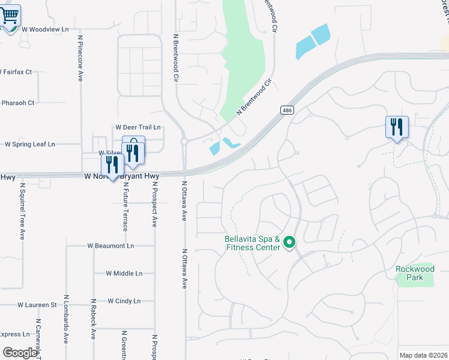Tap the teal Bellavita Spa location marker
290,243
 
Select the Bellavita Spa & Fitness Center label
252,242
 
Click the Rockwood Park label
415,273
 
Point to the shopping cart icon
10,16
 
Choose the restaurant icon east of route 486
397,127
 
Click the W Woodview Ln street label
45,28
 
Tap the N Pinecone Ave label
80,58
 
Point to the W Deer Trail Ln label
137,127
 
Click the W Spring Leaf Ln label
30,144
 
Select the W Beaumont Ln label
110,246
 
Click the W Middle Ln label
124,273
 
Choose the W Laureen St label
37,305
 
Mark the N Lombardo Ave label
66,327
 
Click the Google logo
20,353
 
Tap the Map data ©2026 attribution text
423,355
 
